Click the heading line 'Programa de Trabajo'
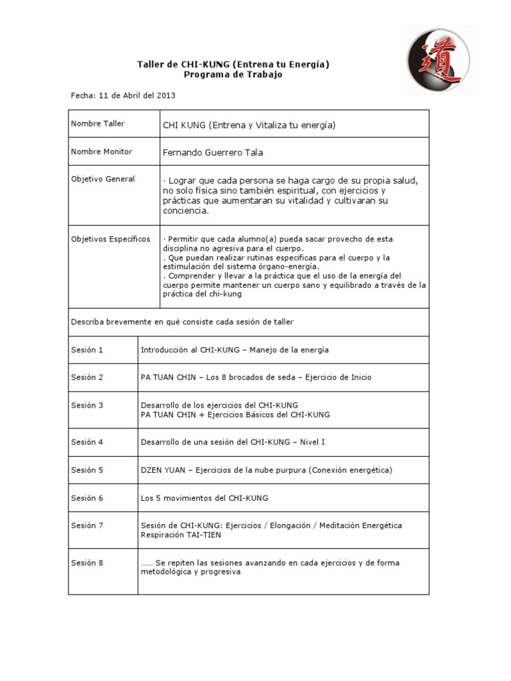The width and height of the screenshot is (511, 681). click(x=233, y=74)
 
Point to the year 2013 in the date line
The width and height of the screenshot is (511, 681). click(x=166, y=96)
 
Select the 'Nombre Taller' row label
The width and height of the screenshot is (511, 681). click(x=98, y=124)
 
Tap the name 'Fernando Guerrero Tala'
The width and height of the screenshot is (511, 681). click(x=213, y=152)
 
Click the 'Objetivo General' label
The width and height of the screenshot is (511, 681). click(x=103, y=179)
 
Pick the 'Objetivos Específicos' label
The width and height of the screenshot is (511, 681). click(x=110, y=239)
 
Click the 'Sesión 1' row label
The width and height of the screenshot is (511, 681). click(x=87, y=349)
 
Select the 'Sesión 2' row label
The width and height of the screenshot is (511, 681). click(x=87, y=377)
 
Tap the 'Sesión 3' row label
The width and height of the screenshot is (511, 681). click(x=87, y=405)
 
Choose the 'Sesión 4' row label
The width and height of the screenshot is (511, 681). click(x=87, y=442)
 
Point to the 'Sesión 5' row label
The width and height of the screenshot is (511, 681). click(x=87, y=470)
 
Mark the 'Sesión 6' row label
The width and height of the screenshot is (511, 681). click(x=87, y=497)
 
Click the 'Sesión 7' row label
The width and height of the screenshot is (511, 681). click(x=87, y=525)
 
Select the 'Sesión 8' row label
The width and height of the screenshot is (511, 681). click(x=87, y=563)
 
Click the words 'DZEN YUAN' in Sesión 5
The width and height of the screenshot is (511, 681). click(x=163, y=470)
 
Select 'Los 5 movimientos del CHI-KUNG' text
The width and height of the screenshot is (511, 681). click(x=204, y=497)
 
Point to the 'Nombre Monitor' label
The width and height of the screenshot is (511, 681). click(x=101, y=152)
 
